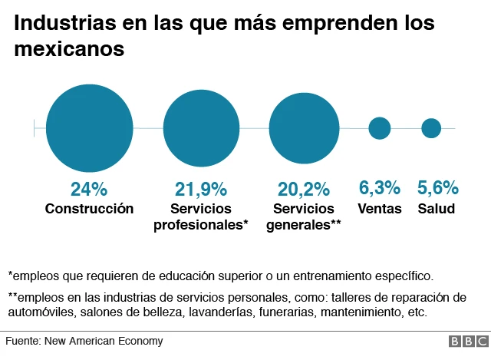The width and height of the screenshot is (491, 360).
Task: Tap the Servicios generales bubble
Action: (x=305, y=128)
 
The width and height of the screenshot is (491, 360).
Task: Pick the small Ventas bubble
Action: (x=380, y=128)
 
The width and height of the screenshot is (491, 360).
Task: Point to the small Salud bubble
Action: (x=431, y=128)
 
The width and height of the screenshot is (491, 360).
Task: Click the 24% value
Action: (x=89, y=189)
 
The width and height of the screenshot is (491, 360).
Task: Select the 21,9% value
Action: (x=202, y=189)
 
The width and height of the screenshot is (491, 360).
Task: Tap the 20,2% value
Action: (x=304, y=189)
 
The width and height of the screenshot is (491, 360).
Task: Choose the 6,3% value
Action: (x=380, y=187)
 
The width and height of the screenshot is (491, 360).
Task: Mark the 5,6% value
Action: (x=437, y=187)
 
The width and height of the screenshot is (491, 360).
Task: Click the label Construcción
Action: (x=89, y=209)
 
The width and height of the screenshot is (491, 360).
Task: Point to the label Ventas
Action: (x=380, y=209)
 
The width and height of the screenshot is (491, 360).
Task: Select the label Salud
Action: (x=437, y=209)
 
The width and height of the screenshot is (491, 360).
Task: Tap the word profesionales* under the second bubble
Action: (x=202, y=225)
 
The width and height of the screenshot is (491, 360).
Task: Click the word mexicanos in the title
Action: (x=69, y=50)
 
